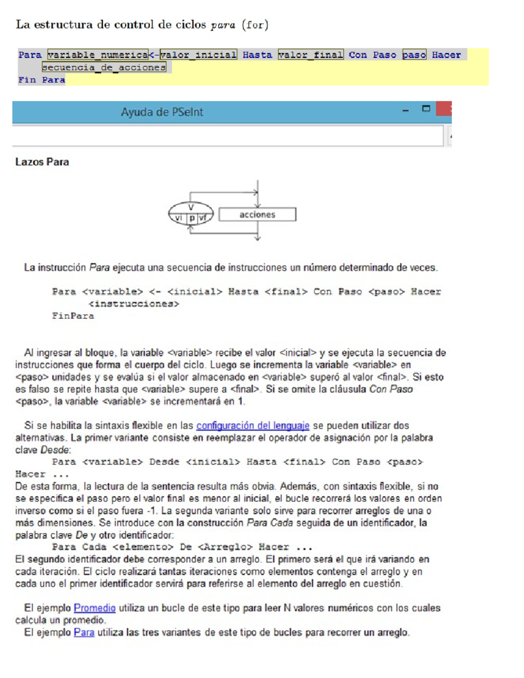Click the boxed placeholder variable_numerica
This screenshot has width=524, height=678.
click(98, 55)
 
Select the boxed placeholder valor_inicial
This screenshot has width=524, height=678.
click(199, 55)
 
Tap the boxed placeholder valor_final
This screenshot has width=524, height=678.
click(310, 55)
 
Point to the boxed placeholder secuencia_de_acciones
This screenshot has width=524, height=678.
click(104, 67)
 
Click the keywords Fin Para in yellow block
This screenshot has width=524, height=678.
click(41, 80)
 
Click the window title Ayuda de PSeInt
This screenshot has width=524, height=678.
click(162, 112)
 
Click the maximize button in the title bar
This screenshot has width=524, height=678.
click(426, 109)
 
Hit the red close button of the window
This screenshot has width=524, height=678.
click(445, 109)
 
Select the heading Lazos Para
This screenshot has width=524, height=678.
click(42, 162)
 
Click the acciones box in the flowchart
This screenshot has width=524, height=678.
click(257, 214)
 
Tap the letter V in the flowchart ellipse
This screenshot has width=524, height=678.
click(191, 207)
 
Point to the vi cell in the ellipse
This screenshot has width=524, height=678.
click(179, 217)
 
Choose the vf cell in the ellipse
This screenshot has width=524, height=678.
click(203, 217)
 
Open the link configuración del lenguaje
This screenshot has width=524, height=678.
click(253, 426)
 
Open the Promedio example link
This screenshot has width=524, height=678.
click(94, 608)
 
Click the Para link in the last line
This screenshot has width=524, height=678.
click(84, 633)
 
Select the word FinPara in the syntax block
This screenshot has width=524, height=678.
click(73, 316)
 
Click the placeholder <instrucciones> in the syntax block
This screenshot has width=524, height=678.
click(134, 304)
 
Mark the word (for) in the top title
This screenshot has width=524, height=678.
click(255, 25)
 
